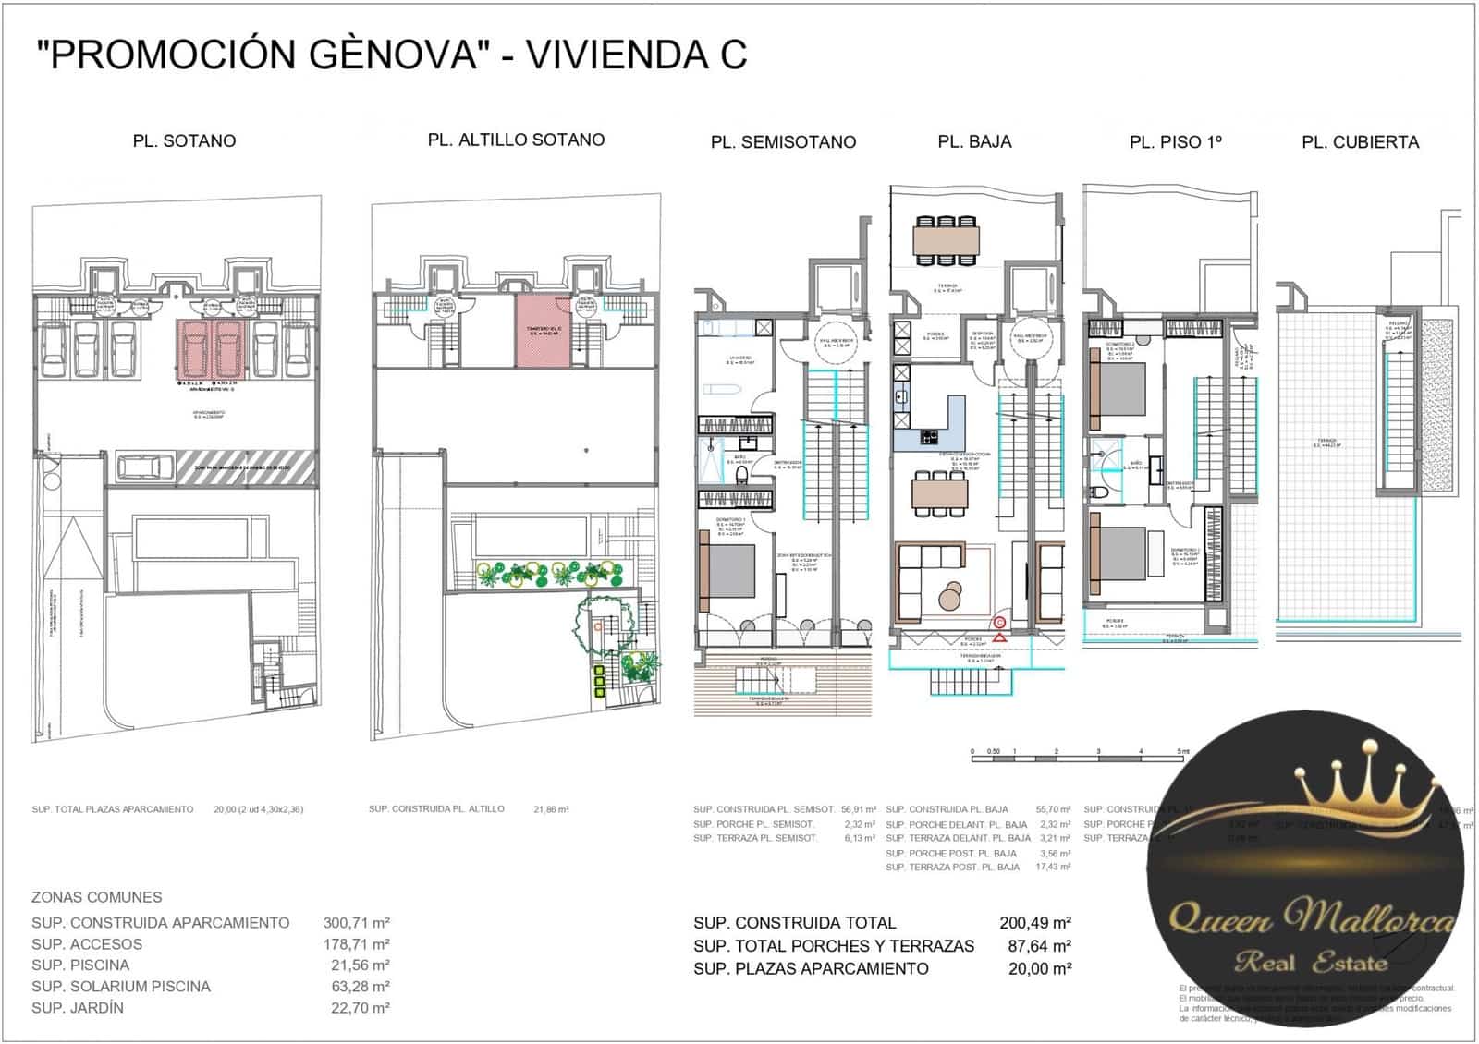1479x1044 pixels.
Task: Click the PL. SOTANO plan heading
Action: pyautogui.click(x=184, y=141)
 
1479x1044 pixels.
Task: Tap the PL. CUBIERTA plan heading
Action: pyautogui.click(x=1360, y=142)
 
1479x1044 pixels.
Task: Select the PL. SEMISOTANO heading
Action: pyautogui.click(x=783, y=142)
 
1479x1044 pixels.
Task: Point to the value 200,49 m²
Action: pyautogui.click(x=1035, y=923)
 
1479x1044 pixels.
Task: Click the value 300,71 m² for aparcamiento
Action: pyautogui.click(x=356, y=923)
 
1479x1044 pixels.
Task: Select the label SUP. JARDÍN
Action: pyautogui.click(x=78, y=1008)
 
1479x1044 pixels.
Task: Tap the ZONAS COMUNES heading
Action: pyautogui.click(x=96, y=897)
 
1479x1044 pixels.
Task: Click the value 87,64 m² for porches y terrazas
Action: pyautogui.click(x=1039, y=946)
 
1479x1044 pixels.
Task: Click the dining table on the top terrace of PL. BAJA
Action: pyautogui.click(x=946, y=240)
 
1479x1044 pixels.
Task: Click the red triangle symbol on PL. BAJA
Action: pyautogui.click(x=1000, y=637)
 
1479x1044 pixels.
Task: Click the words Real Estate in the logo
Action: pyautogui.click(x=1311, y=963)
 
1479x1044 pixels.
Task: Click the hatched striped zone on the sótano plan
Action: pyautogui.click(x=250, y=467)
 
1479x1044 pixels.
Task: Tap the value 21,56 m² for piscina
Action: pyautogui.click(x=360, y=965)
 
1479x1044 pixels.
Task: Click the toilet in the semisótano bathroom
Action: pyautogui.click(x=740, y=475)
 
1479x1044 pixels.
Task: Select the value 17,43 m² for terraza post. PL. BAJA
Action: pyautogui.click(x=1053, y=868)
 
